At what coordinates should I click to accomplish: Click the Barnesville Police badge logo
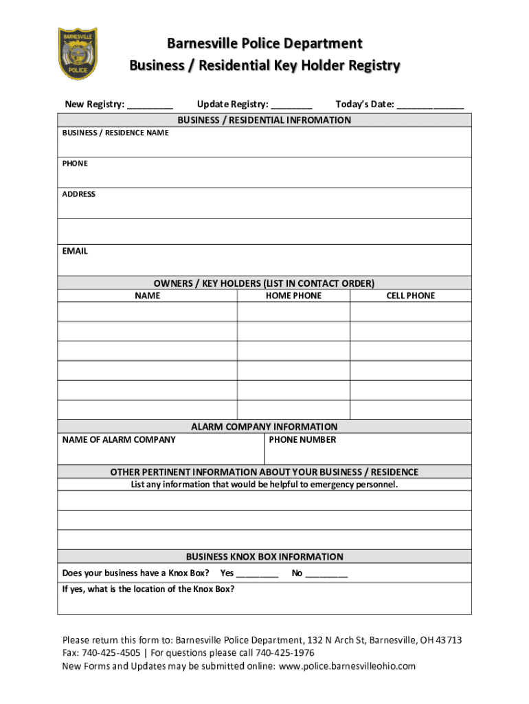(77, 54)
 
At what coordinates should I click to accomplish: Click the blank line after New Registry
(150, 106)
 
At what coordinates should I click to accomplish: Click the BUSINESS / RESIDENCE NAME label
(115, 133)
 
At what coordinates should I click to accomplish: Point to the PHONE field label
(75, 164)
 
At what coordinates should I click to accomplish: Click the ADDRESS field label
(79, 195)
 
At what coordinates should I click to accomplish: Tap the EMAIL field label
(75, 252)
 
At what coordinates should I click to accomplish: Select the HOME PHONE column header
(293, 296)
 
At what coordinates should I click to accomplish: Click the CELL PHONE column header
(410, 296)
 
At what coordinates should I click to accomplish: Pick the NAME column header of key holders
(147, 296)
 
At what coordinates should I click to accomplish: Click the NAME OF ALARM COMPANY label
(119, 440)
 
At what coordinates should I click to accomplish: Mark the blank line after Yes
(257, 574)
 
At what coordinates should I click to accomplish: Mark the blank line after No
(326, 574)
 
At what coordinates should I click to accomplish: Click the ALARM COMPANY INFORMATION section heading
(264, 427)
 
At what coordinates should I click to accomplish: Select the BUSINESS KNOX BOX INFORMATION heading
(264, 557)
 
